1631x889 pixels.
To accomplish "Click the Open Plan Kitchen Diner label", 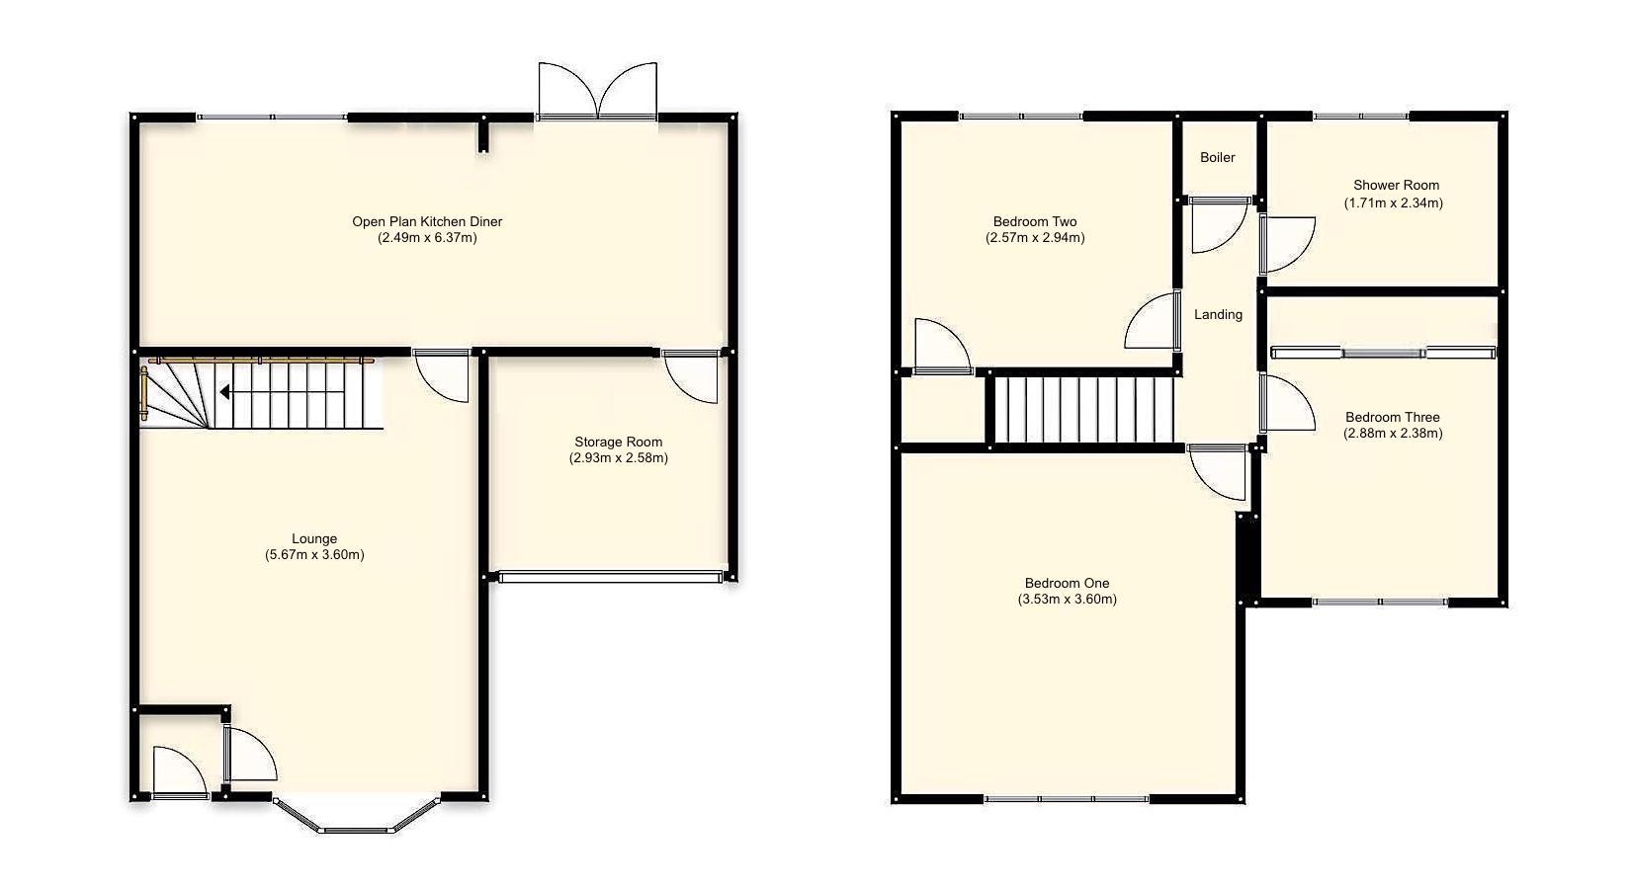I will [x=427, y=221].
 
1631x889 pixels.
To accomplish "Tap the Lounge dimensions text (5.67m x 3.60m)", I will [x=314, y=555].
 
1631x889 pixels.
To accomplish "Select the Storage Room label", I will [x=619, y=442].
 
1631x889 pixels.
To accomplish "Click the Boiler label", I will [x=1217, y=157].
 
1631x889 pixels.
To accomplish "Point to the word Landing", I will [x=1218, y=314].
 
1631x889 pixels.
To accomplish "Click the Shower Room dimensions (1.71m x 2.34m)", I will [x=1393, y=203].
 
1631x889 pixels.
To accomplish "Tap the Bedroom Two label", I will [x=1035, y=221].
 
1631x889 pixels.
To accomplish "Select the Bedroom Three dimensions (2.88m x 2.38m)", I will [x=1393, y=433].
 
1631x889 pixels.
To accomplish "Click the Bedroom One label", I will [x=1067, y=583].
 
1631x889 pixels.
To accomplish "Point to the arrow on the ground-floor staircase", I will [x=226, y=392].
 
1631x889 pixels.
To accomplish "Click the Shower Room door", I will [x=1286, y=243].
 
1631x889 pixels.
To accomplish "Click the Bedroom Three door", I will [x=1286, y=403].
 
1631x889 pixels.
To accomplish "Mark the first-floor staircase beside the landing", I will [x=1082, y=408].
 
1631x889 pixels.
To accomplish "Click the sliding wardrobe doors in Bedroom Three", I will [x=1384, y=353].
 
